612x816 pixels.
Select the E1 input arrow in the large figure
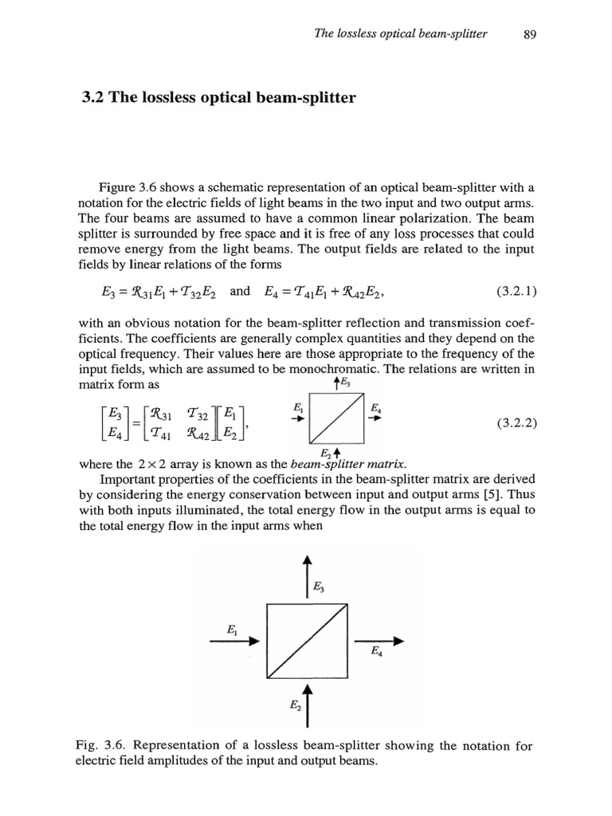pyautogui.click(x=243, y=640)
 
